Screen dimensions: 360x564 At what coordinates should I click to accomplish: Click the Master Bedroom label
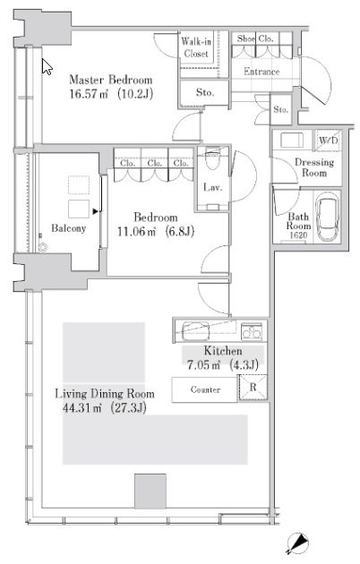point(111,80)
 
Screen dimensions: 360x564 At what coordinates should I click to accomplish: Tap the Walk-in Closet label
point(196,47)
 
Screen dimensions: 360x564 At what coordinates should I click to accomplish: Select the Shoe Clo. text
point(255,38)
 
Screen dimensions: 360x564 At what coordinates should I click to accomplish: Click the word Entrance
point(261,72)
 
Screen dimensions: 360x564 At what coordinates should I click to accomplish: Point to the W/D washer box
point(329,140)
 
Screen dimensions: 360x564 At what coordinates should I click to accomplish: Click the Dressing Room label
point(314,167)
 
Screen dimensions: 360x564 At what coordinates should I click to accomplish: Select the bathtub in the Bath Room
point(328,216)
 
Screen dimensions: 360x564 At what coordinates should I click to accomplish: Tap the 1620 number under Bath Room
point(298,235)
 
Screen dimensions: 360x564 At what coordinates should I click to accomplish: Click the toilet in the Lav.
point(212,159)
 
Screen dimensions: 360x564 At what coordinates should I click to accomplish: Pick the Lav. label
point(212,187)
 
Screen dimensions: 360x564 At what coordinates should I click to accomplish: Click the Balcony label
point(68,228)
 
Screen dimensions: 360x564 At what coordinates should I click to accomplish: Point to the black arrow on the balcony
point(95,211)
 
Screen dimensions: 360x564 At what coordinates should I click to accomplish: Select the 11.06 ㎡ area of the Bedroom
point(137,232)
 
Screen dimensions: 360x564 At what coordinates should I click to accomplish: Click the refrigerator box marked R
point(253,388)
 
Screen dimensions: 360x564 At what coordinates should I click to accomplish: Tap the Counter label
point(205,389)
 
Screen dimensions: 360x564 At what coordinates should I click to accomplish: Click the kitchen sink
point(196,331)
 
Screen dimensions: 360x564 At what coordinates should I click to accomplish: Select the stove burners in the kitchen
point(252,330)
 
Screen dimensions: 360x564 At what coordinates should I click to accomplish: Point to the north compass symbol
point(297,543)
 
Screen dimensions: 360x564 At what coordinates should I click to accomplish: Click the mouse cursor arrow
point(47,66)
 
